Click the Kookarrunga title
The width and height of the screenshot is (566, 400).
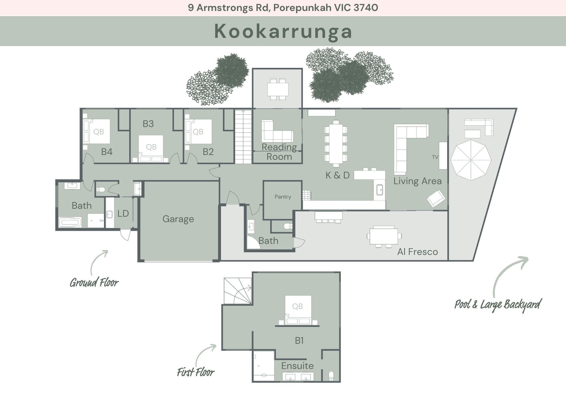point(283,31)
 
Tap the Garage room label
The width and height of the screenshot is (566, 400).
point(178,219)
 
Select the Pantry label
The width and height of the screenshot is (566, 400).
point(283,197)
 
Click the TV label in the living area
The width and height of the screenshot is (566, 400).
point(435,157)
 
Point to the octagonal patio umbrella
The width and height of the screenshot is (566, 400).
point(471,160)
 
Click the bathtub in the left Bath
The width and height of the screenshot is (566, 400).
point(70,222)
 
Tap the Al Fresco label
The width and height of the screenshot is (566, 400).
point(417,252)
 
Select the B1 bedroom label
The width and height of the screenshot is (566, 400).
point(299,340)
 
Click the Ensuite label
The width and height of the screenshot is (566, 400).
point(297,366)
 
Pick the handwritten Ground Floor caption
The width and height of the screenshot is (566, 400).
point(94,282)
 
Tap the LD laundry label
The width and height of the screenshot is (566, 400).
point(123,213)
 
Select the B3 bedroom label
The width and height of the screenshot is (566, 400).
point(148,124)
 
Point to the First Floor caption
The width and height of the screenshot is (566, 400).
point(196,372)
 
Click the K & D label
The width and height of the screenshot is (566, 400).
point(338,175)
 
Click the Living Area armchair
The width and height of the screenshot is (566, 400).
point(436,198)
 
